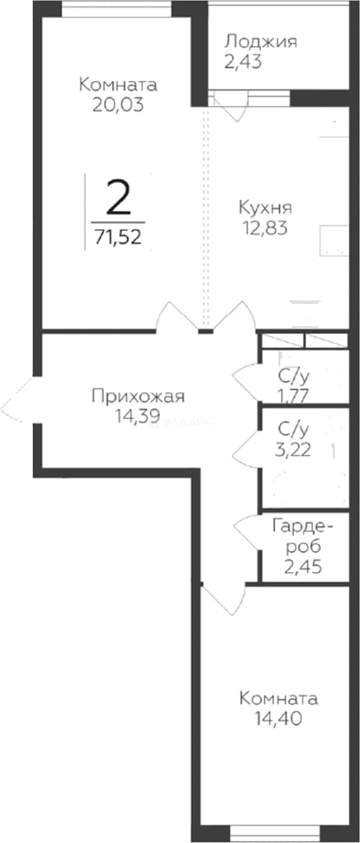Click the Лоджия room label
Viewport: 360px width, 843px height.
coord(261,42)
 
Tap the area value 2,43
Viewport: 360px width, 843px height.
coord(243,62)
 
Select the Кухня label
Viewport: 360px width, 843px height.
coord(265,208)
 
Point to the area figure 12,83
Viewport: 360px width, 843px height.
coord(265,228)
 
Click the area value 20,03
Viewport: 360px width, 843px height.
coord(118,105)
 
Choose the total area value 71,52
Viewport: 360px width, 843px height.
coord(118,236)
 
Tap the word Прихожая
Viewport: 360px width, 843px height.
coord(138,397)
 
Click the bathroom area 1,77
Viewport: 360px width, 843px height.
coord(293,396)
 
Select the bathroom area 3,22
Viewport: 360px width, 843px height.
coord(293,450)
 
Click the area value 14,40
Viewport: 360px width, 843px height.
coord(278,718)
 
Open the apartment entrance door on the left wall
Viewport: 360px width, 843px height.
coord(19,400)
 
